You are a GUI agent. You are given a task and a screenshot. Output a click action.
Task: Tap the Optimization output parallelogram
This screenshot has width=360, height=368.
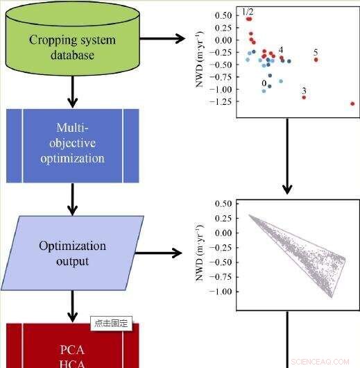(x=72, y=253)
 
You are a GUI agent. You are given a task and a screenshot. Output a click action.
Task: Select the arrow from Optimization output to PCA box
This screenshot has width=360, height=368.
(x=72, y=305)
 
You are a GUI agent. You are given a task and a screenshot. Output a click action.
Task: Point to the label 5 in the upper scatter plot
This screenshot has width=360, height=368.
(x=316, y=53)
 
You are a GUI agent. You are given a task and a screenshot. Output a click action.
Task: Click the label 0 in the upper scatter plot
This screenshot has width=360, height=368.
(x=264, y=83)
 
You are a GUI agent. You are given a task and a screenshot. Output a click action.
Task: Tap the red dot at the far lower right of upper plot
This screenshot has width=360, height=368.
(x=352, y=103)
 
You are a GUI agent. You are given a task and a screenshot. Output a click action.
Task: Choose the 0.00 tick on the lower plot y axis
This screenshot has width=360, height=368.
(x=221, y=233)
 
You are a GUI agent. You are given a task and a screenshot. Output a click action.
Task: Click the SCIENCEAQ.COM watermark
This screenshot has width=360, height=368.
(x=321, y=361)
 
